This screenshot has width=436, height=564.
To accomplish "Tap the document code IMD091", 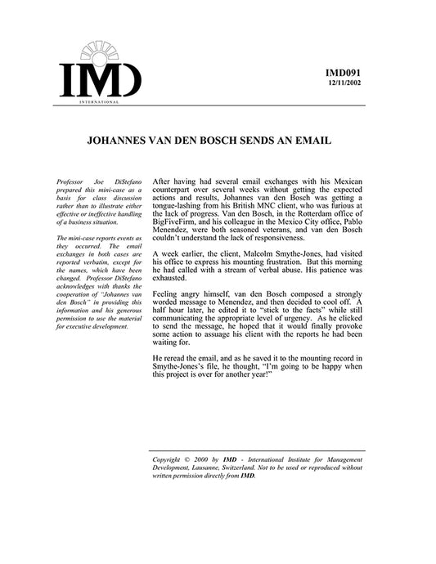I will click(x=342, y=74).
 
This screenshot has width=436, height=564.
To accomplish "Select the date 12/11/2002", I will click(x=343, y=84).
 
